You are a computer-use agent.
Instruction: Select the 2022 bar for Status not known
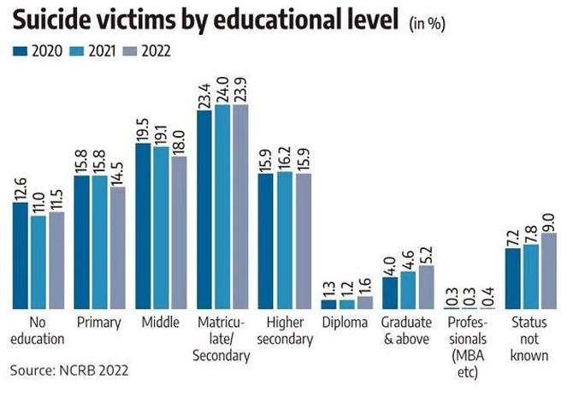[x=548, y=270]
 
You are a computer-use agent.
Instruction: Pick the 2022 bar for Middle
[x=179, y=232]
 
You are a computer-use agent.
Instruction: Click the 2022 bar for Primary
[x=116, y=247]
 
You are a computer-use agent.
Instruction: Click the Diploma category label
[x=345, y=323]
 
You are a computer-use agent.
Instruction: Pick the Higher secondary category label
[x=285, y=330]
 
